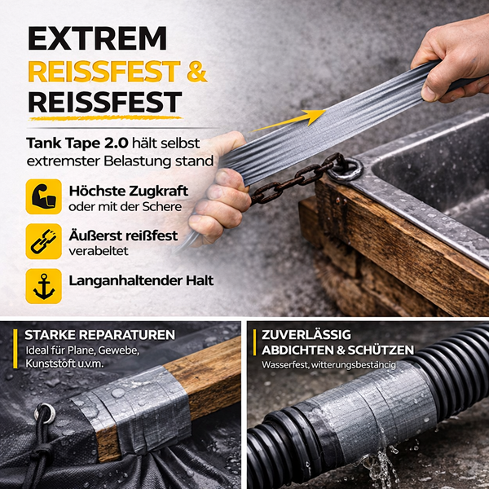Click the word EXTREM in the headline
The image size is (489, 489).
(97, 38)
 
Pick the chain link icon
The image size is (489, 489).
(43, 242)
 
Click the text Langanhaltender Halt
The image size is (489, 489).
(142, 280)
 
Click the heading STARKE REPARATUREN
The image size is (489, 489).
(99, 335)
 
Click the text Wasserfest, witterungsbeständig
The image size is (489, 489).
(328, 364)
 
